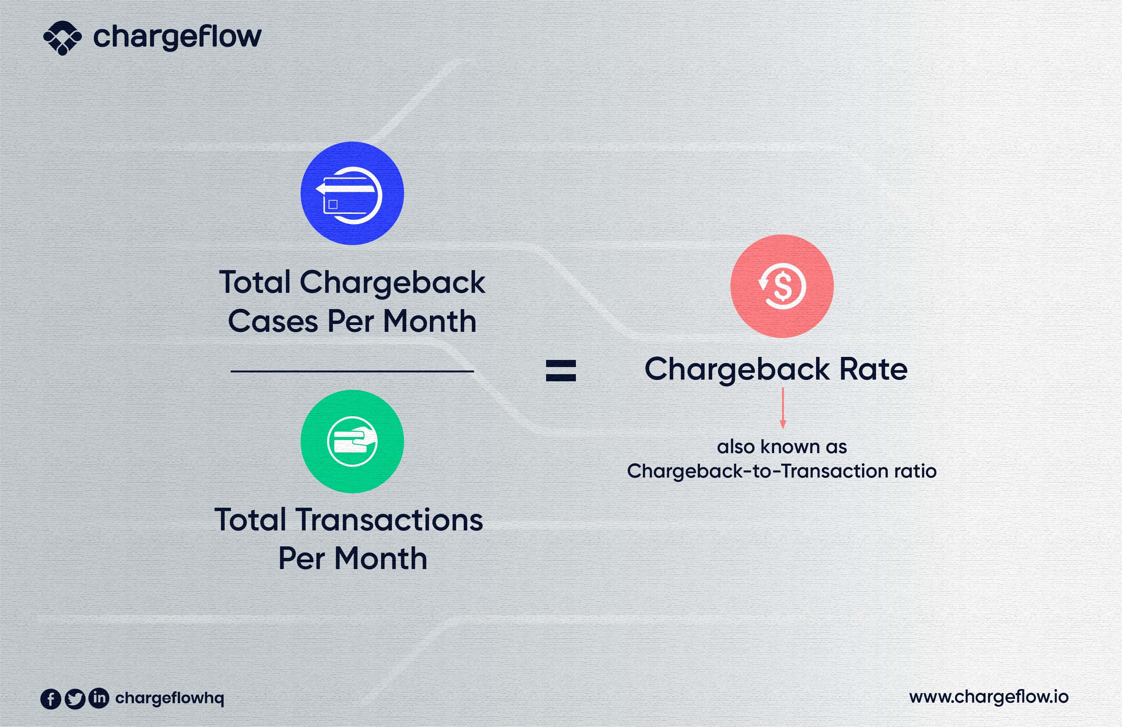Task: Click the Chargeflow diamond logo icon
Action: tap(62, 38)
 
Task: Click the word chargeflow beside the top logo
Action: tap(177, 37)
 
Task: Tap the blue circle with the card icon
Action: tap(352, 193)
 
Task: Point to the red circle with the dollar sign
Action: tap(782, 286)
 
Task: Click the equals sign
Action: tap(561, 370)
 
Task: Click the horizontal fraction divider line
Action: tap(352, 371)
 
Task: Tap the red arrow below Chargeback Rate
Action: tap(783, 408)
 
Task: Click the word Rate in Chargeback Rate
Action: tap(873, 369)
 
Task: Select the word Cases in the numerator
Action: tap(273, 322)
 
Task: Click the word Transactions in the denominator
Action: tap(389, 520)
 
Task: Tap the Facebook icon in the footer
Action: tap(51, 699)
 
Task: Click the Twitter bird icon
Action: tap(75, 699)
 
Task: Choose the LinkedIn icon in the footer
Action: tap(99, 698)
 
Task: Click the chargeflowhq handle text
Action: tap(170, 698)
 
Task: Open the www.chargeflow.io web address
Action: tap(989, 697)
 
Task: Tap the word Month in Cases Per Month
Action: tap(430, 322)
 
